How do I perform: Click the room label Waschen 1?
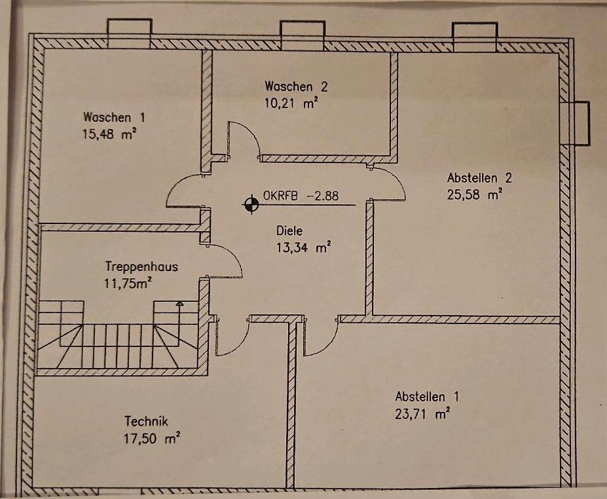(x=113, y=117)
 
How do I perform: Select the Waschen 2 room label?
(x=295, y=86)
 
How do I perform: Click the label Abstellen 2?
(x=479, y=177)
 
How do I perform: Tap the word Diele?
(x=290, y=231)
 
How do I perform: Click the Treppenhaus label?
(x=141, y=267)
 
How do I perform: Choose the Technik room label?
(x=147, y=422)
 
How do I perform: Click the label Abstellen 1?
(x=427, y=397)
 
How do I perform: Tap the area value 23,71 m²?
(x=422, y=414)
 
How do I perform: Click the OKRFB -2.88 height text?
(x=301, y=195)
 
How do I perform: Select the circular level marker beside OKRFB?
(x=250, y=205)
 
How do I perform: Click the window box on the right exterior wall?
(x=580, y=122)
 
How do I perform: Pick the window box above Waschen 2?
(x=302, y=35)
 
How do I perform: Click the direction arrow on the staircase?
(x=179, y=305)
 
